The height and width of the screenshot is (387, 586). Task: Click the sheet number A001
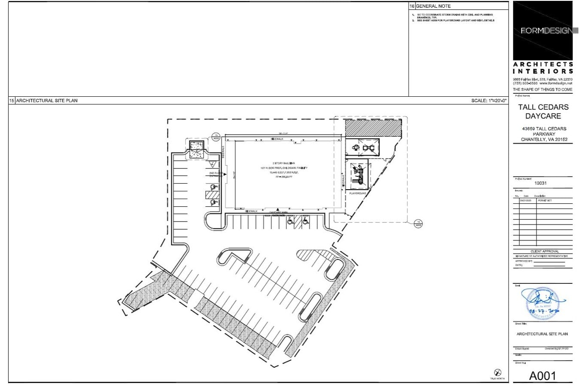pos(542,376)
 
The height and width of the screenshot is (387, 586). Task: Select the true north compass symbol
pos(497,372)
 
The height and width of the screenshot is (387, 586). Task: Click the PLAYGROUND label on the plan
pos(357,193)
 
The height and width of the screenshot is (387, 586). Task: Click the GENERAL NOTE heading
pos(433,6)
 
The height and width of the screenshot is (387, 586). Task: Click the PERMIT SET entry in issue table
pos(545,201)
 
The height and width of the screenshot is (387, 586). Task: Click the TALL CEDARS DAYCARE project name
pos(543,111)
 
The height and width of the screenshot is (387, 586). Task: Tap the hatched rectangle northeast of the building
pos(373,128)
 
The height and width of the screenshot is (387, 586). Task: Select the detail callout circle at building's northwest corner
pos(216,137)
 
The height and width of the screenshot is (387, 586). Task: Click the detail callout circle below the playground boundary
pos(418,224)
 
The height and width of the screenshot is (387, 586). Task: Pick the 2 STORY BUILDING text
pos(283,163)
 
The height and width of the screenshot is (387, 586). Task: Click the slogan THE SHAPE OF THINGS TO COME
pos(543,89)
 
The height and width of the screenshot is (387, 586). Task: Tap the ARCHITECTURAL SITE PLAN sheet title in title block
pos(542,334)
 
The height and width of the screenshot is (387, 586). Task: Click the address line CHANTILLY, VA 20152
pos(544,139)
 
